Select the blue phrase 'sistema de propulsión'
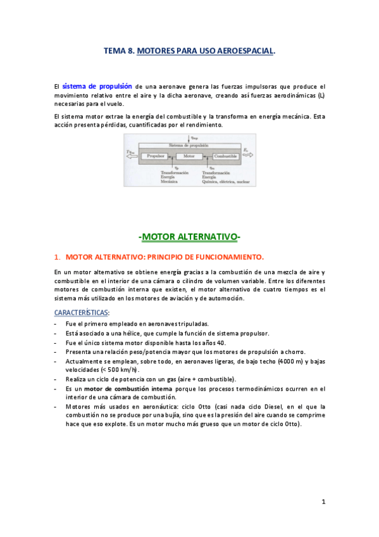[x=97, y=85]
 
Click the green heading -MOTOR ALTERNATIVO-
[x=189, y=237]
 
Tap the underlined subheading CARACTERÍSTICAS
[x=80, y=312]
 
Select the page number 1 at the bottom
[x=323, y=502]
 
